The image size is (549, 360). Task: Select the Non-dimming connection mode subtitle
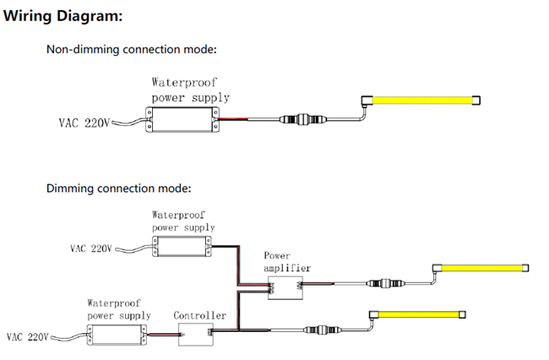131,50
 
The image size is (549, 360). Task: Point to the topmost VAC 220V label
84,124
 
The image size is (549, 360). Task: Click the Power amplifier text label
287,261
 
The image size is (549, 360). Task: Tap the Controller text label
200,315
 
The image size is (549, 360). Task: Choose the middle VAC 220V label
90,249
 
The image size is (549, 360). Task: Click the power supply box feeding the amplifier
180,246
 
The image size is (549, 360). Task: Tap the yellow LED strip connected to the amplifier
482,268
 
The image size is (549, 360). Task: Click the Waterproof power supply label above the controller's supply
118,308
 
